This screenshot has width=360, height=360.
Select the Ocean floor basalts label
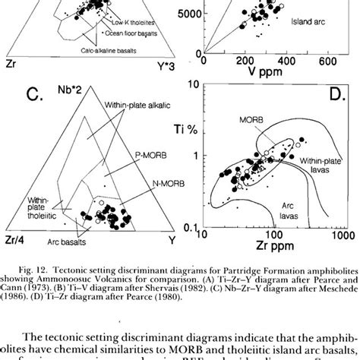point(129,33)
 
